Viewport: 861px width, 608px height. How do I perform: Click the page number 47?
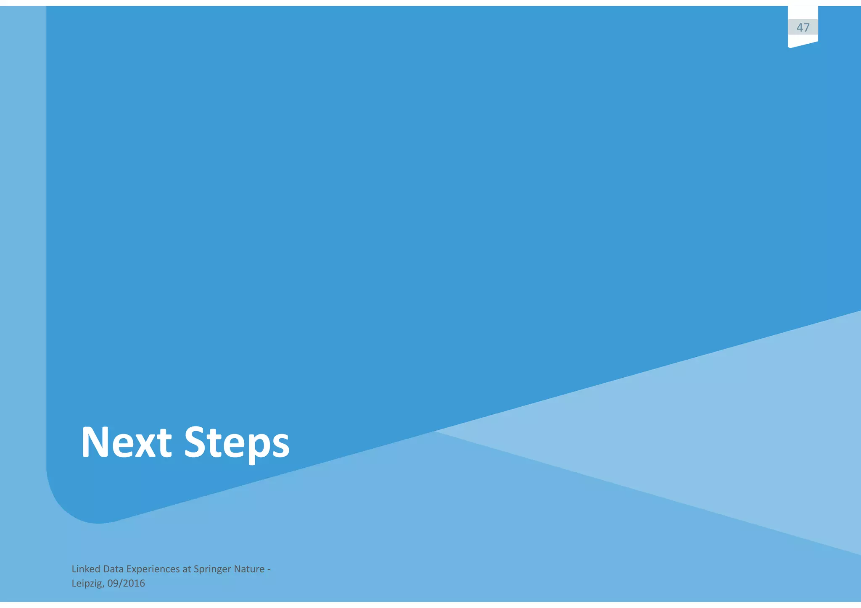803,28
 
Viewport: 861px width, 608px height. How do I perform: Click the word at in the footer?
187,569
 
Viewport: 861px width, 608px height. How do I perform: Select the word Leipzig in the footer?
87,584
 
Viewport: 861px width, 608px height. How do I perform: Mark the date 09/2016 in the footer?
126,583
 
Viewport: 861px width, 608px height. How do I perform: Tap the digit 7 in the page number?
806,28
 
